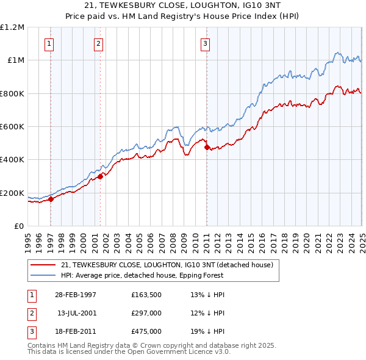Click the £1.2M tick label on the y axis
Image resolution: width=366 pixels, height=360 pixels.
12,27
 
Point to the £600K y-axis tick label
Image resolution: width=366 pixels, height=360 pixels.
12,126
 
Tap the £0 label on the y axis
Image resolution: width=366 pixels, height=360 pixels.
20,226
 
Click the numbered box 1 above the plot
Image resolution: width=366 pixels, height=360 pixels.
48,43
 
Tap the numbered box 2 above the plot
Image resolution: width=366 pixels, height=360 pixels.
98,43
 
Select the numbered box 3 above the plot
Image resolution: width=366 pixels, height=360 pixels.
206,43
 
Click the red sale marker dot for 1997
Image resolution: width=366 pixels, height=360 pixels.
51,198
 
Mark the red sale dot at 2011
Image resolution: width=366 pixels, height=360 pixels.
206,147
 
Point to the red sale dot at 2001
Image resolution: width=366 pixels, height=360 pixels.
100,176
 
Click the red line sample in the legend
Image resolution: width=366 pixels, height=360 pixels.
43,265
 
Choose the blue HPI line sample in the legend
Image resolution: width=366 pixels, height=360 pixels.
43,275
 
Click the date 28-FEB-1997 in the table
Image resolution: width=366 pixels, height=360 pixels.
76,295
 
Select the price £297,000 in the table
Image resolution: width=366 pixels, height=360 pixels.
146,313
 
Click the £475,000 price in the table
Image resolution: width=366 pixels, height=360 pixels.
146,331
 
